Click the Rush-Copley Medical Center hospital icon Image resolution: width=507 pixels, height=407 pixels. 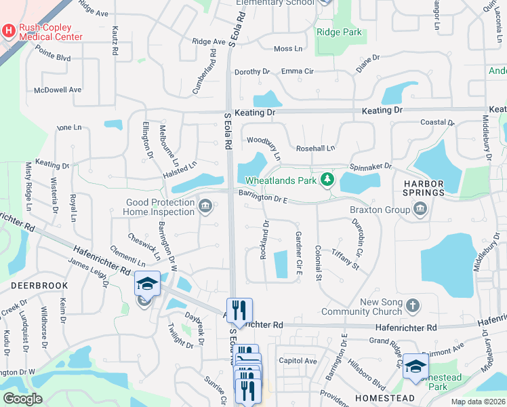pos(9,31)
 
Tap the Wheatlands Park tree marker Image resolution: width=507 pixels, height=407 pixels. pos(328,179)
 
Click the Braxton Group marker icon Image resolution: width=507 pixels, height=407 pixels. pos(420,210)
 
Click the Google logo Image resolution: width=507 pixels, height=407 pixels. pos(22,399)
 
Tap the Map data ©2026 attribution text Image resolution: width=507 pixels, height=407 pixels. pos(478,402)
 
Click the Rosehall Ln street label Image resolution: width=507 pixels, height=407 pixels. pos(315,149)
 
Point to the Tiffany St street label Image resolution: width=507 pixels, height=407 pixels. pos(345,258)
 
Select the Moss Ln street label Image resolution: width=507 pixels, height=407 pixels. pos(288,49)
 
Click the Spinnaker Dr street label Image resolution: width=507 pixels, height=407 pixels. pos(371,166)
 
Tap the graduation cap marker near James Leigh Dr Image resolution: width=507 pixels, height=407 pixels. pos(147,284)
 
